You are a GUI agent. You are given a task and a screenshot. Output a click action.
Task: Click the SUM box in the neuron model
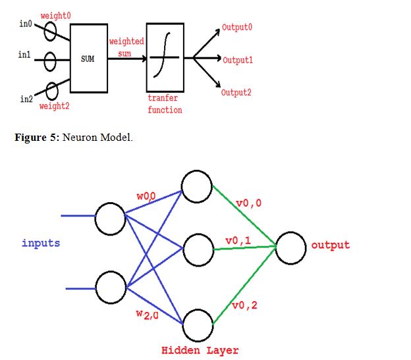point(88,59)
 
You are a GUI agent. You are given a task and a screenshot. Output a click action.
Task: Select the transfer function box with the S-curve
point(165,57)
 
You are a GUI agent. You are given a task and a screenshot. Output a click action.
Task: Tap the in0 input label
point(25,24)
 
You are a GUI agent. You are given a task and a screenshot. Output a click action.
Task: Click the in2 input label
point(26,99)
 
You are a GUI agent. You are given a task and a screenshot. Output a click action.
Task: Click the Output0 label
point(238,28)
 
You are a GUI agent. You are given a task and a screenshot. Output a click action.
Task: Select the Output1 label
point(238,60)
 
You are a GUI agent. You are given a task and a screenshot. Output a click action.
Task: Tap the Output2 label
point(236,93)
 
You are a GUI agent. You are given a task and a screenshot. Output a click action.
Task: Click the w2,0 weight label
point(147,315)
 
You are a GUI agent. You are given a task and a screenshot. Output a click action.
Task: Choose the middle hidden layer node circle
point(198,249)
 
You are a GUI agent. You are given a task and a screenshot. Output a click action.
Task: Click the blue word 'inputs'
point(41,244)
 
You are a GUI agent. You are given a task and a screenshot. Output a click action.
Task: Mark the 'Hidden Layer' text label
point(200,350)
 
